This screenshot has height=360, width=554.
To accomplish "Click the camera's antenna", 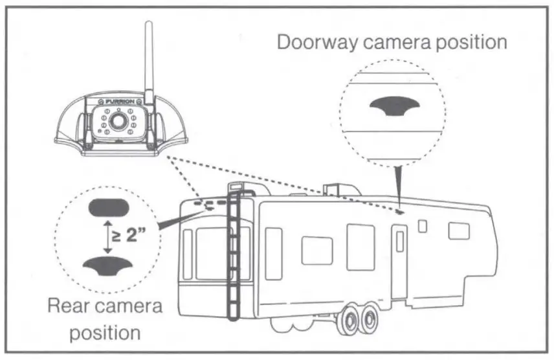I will coord(148,58).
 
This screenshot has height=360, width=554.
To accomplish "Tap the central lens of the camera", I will coord(118,121).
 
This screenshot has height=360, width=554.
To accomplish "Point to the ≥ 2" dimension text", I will coord(127,234).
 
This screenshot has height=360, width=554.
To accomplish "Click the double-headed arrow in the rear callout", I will coord(104,235).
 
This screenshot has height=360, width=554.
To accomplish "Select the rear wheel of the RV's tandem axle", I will coord(368,319).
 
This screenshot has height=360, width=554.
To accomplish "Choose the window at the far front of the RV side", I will coord(459,231).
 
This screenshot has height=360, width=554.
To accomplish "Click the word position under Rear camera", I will coord(105,333).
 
